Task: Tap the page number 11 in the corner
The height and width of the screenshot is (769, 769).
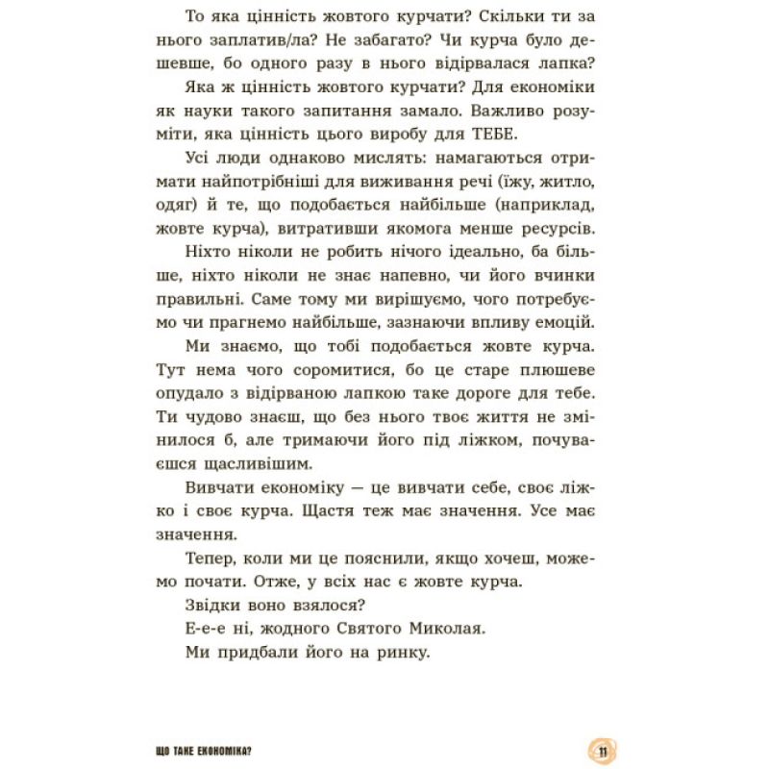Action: coord(601,750)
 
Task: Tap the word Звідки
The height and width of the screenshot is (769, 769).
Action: coord(208,605)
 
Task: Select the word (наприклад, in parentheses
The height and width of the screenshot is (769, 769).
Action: coord(537,207)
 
